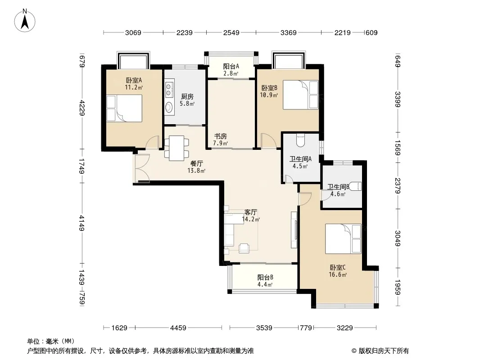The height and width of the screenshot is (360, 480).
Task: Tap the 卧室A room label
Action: [x=134, y=81]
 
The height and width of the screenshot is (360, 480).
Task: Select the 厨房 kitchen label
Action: [x=187, y=97]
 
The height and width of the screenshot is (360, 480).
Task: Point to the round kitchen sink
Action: [x=169, y=107]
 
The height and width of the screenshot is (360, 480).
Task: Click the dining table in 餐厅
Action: [x=177, y=148]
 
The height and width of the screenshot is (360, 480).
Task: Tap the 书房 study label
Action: [x=220, y=136]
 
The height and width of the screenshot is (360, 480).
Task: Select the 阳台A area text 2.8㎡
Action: [x=231, y=73]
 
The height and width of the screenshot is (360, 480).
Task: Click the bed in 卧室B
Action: [x=301, y=94]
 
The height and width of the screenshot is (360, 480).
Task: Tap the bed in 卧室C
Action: [x=343, y=238]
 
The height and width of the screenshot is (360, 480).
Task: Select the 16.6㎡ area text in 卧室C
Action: [x=338, y=274]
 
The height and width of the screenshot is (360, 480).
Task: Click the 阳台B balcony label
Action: [x=265, y=277]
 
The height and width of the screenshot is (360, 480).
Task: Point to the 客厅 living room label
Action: [x=251, y=212]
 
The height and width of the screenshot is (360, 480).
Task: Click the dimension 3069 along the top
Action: [x=133, y=32]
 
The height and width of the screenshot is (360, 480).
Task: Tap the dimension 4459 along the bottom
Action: [x=178, y=328]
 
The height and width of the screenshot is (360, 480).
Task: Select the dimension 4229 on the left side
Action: [x=82, y=108]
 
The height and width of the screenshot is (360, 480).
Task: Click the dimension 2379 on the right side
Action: [x=398, y=185]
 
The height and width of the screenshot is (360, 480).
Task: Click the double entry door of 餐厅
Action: [x=141, y=169]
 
